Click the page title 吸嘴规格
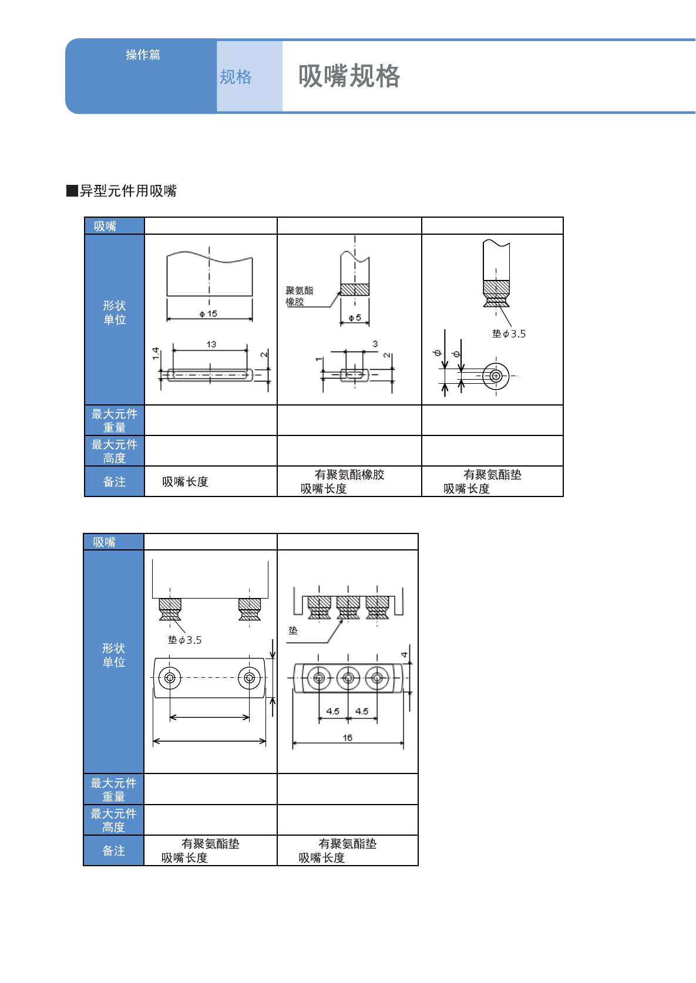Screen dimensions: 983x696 (x=349, y=76)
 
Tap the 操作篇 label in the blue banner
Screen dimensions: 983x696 (x=143, y=55)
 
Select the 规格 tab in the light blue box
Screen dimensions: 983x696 (x=236, y=77)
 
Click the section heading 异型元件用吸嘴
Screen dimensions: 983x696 (x=127, y=191)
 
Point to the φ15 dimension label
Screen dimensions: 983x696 (x=208, y=313)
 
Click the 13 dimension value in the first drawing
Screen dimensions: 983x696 (x=211, y=344)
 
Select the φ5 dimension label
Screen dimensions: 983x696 (x=355, y=317)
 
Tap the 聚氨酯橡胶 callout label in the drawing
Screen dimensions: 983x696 (x=299, y=296)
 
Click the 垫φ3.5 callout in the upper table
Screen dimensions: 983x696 (x=509, y=334)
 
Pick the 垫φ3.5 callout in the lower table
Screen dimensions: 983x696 (x=184, y=640)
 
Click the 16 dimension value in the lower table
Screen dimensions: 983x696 (x=348, y=738)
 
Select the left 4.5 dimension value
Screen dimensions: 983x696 (x=333, y=711)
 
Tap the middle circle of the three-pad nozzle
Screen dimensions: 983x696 (x=348, y=678)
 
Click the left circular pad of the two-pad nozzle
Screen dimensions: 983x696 (x=170, y=678)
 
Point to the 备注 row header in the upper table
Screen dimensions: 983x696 (x=115, y=482)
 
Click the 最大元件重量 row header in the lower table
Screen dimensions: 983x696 (x=113, y=789)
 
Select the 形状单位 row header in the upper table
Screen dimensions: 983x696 (x=115, y=313)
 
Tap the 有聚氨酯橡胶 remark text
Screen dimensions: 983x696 (x=349, y=475)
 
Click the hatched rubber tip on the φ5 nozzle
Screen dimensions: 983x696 (x=355, y=289)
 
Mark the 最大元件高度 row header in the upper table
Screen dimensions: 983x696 (x=115, y=451)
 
